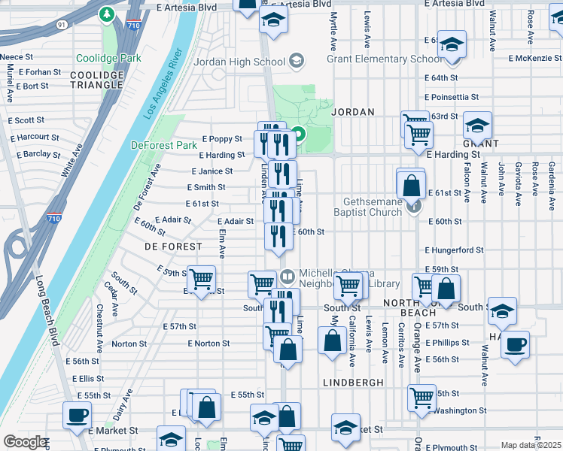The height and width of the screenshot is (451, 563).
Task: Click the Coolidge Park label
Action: (x=108, y=58)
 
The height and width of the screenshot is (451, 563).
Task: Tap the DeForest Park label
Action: (x=163, y=145)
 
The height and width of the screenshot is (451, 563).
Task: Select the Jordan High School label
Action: (x=239, y=62)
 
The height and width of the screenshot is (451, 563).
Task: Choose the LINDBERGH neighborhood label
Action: (x=353, y=383)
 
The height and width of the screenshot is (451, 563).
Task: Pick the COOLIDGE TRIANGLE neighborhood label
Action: (x=96, y=80)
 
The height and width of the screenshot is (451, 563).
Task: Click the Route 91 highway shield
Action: (x=62, y=25)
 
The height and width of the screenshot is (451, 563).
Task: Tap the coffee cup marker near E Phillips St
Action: (x=515, y=345)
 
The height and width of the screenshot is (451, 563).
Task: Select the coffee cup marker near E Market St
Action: (x=78, y=415)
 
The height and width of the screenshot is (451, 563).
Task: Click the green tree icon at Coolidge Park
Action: (x=108, y=14)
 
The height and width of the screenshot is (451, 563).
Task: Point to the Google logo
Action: (x=24, y=442)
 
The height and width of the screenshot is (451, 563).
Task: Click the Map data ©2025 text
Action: (x=531, y=445)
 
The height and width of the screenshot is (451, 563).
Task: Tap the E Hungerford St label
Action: (x=454, y=250)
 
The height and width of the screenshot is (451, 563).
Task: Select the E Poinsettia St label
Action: (x=452, y=97)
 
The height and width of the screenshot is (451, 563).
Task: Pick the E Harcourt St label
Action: (x=34, y=137)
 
